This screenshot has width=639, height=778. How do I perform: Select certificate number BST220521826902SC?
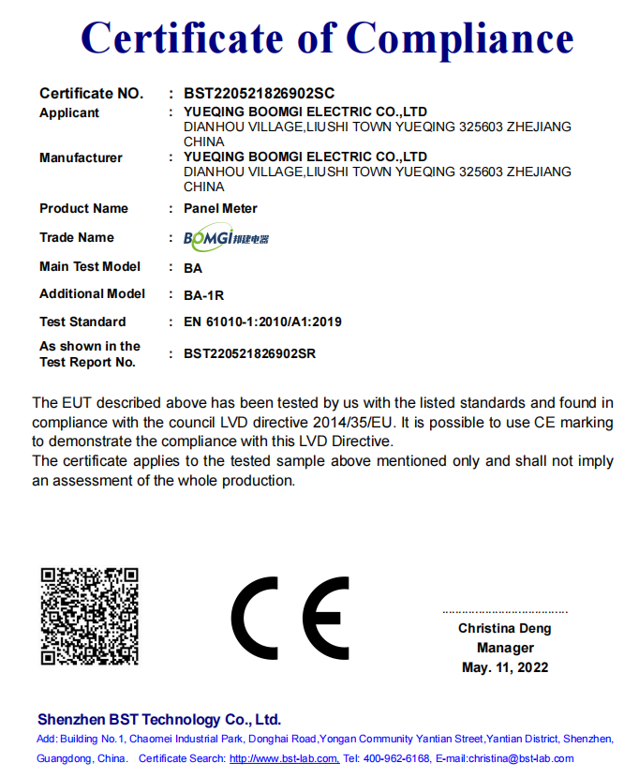[x=260, y=94]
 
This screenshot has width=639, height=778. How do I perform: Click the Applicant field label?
[x=69, y=113]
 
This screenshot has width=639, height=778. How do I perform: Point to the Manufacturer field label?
[x=81, y=158]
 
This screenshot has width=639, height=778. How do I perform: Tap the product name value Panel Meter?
[x=220, y=208]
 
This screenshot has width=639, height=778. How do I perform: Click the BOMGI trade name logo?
[x=226, y=238]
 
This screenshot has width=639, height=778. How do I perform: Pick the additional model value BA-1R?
[x=204, y=295]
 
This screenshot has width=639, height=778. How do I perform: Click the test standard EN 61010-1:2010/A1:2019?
[x=262, y=322]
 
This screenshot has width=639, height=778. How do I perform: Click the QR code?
[x=90, y=616]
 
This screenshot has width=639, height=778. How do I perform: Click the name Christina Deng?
[x=505, y=629]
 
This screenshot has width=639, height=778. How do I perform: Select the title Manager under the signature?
[x=505, y=648]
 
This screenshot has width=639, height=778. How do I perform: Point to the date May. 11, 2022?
[x=505, y=667]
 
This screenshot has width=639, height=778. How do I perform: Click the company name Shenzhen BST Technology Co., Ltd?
[x=159, y=720]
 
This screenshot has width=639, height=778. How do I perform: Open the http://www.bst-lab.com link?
[x=284, y=758]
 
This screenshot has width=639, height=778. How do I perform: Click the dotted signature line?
[x=505, y=611]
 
